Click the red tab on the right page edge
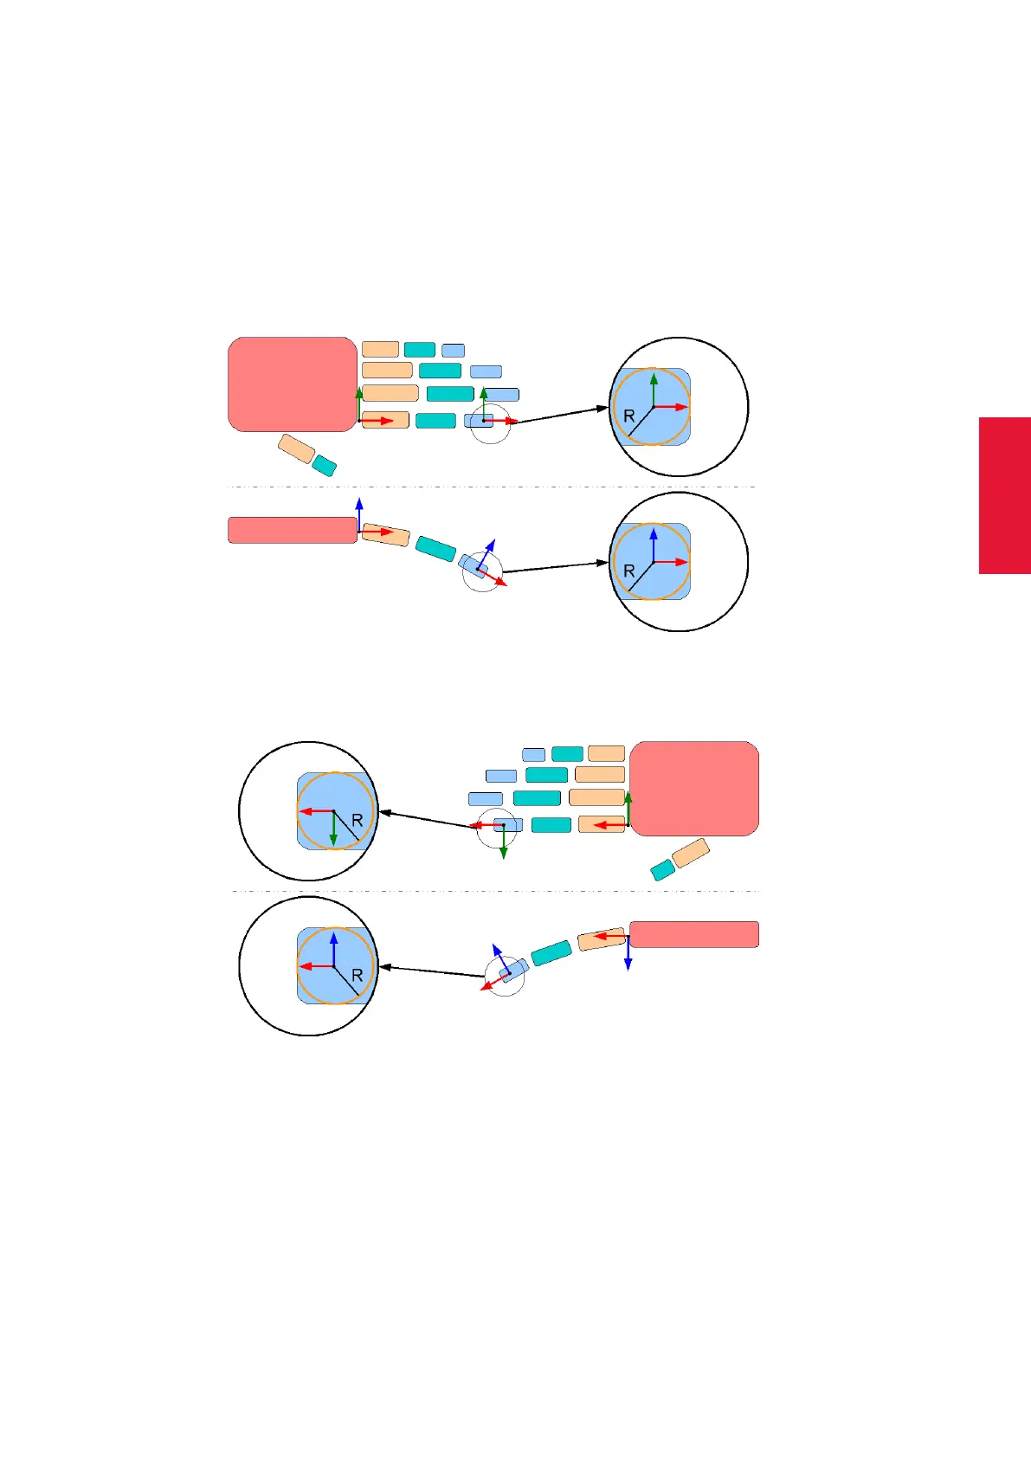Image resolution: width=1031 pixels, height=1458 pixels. pos(1004,495)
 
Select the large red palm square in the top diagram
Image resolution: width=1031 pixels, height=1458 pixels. pos(293,384)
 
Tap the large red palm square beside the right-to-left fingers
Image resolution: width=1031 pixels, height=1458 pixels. pos(694,788)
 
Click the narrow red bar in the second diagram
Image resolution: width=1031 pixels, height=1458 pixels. pos(293,530)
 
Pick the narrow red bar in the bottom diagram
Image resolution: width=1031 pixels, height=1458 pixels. pos(694,934)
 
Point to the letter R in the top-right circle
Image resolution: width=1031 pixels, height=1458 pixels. pos(629,416)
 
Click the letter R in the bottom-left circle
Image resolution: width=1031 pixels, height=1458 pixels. pos(357,976)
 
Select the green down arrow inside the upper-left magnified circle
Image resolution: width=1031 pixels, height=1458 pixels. pos(333,831)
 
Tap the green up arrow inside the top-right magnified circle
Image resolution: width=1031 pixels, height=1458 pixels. pos(654,388)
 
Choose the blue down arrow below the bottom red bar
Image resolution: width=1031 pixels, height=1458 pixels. pos(628,955)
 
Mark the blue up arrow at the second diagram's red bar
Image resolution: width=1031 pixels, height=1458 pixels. pos(359,513)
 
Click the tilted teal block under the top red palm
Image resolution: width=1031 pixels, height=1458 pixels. pos(324,465)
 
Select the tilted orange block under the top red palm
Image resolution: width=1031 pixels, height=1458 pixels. pos(296,448)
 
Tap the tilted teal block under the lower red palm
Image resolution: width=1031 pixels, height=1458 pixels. pos(662,870)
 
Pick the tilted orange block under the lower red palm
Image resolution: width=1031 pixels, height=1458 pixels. pos(691,853)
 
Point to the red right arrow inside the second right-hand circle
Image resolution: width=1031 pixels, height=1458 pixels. pos(673,563)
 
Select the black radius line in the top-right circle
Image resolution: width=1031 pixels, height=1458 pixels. pos(640,421)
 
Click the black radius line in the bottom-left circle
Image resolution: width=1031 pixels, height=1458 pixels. pos(346,980)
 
